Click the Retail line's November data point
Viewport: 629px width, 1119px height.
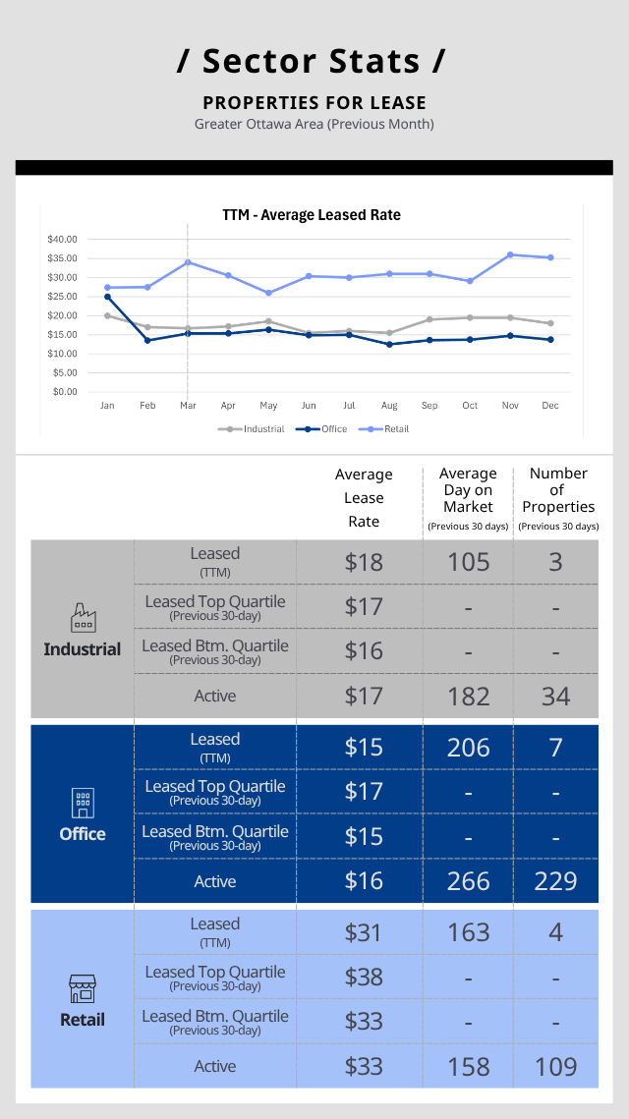point(510,254)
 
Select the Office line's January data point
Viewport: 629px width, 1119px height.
point(107,296)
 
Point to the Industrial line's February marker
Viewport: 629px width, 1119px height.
point(147,327)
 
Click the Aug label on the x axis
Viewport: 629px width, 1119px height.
point(389,405)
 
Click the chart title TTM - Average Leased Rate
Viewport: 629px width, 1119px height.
point(312,215)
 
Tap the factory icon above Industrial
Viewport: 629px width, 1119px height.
point(83,618)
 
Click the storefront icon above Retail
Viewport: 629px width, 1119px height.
point(83,988)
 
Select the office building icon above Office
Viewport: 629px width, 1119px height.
point(83,804)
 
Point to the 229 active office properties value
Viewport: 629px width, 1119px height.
point(555,881)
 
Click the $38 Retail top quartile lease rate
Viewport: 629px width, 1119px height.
point(364,977)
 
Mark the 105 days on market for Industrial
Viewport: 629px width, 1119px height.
point(468,562)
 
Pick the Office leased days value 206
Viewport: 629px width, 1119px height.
point(468,748)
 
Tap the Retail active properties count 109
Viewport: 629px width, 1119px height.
point(555,1067)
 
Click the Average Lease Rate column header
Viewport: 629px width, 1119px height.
point(364,498)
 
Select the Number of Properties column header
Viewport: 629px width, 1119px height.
point(558,490)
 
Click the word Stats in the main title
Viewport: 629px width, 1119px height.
point(366,61)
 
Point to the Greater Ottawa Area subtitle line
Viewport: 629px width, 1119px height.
point(314,124)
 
